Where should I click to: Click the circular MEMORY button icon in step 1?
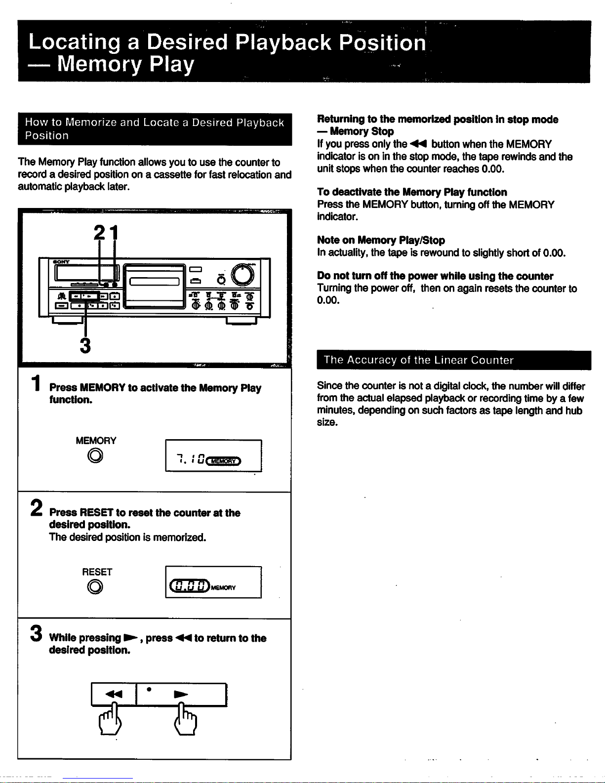(95, 455)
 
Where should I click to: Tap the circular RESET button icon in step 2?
(95, 586)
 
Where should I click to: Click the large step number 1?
(36, 383)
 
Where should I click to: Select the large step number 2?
(37, 508)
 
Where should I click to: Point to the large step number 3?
(36, 633)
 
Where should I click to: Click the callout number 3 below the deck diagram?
(85, 345)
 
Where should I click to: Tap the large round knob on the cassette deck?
(242, 275)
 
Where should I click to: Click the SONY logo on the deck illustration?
(61, 262)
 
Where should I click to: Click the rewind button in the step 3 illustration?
(114, 694)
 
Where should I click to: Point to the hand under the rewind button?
(110, 720)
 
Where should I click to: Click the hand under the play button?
(186, 720)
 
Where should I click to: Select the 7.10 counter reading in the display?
(191, 459)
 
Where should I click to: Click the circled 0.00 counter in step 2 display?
(190, 585)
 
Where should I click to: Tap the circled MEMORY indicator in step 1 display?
(223, 461)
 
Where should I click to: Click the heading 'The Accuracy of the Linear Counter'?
(418, 360)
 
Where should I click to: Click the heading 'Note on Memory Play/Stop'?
(381, 240)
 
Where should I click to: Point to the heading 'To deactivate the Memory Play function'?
(412, 192)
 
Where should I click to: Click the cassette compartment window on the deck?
(155, 281)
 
